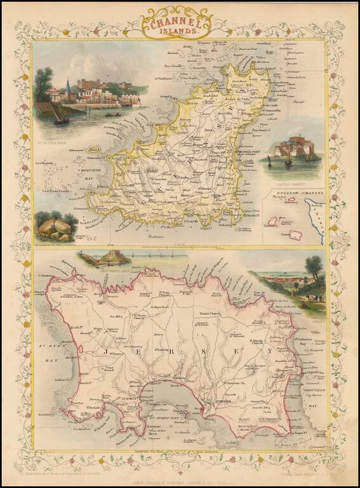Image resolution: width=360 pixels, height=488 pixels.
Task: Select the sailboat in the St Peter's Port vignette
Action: [61, 115]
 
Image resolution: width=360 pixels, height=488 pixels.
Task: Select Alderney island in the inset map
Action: [294, 205]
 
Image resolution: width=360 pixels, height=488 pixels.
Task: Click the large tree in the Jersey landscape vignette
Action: [314, 269]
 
